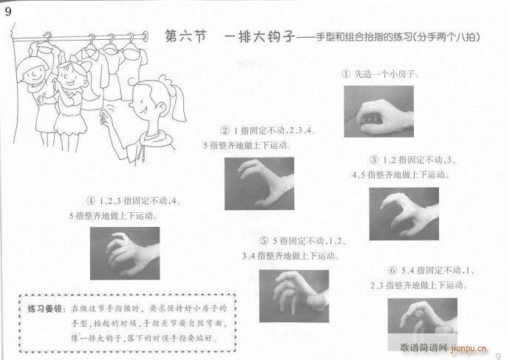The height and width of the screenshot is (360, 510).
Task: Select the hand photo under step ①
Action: (x=378, y=111)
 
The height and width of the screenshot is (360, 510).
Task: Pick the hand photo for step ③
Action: (x=404, y=213)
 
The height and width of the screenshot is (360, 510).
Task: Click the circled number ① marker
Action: (x=345, y=75)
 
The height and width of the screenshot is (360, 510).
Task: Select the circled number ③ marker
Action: (x=374, y=160)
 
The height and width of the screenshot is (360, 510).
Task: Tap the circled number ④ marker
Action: (x=92, y=201)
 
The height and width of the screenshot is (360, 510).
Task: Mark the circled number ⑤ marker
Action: (x=264, y=242)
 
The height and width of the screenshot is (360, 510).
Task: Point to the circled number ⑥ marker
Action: (x=392, y=270)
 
